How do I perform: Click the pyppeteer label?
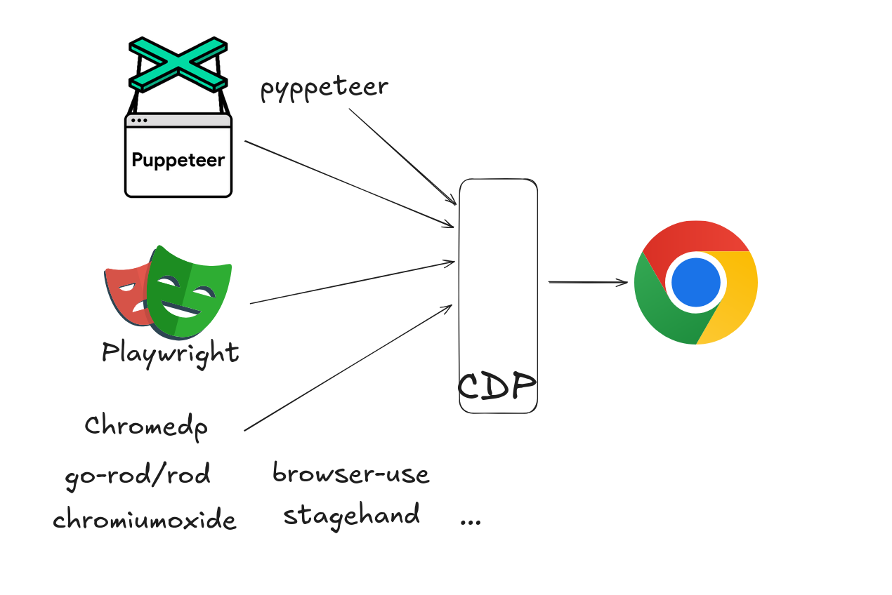tap(324, 88)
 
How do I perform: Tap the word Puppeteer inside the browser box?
tap(178, 160)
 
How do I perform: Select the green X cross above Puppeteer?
tap(178, 63)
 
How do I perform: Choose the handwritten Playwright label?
tap(171, 352)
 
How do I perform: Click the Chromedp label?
tap(146, 426)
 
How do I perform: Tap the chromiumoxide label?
tap(145, 520)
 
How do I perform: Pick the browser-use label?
tap(350, 474)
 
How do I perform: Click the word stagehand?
tap(351, 514)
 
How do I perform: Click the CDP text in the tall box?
tap(497, 385)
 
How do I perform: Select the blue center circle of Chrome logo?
tap(695, 283)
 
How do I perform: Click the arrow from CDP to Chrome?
tap(587, 282)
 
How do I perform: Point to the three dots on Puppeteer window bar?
tap(139, 121)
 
